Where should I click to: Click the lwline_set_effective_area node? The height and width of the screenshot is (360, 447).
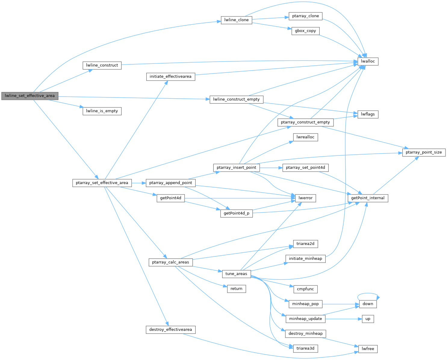click(x=29, y=96)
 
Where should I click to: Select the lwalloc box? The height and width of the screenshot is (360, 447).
click(x=368, y=61)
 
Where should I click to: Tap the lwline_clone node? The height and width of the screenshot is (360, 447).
click(x=236, y=20)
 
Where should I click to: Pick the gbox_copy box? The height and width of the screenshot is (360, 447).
click(x=305, y=31)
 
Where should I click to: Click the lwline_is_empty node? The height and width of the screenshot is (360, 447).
click(x=102, y=111)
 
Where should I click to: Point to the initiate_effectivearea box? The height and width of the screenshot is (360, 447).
click(x=170, y=77)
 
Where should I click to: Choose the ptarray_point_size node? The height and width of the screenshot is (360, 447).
click(x=424, y=152)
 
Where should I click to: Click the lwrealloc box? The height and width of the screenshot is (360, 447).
click(x=305, y=137)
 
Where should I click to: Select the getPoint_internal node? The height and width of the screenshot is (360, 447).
click(x=368, y=198)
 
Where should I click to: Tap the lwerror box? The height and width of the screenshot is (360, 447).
click(x=306, y=198)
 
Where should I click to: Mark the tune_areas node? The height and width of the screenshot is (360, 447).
click(x=236, y=274)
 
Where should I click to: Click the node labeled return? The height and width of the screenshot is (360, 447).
click(x=236, y=289)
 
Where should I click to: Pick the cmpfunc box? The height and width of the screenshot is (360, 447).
click(x=305, y=289)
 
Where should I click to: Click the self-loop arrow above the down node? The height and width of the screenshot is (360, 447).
click(x=368, y=294)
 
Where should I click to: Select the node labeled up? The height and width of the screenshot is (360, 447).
click(x=368, y=319)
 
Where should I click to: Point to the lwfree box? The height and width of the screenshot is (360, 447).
click(x=368, y=349)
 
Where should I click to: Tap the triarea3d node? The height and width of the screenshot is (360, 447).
click(x=305, y=349)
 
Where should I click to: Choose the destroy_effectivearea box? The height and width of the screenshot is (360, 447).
click(x=170, y=330)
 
